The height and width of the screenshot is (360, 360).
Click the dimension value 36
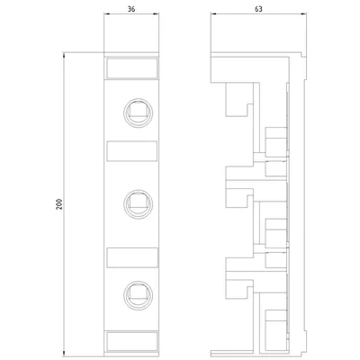click(x=131, y=9)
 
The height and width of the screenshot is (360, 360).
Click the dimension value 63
click(x=258, y=9)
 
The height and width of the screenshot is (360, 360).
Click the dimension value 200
click(x=59, y=204)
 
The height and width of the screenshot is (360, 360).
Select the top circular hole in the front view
click(x=139, y=112)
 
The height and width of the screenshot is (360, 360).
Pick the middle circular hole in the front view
click(x=139, y=204)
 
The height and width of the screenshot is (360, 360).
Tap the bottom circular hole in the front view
click(x=139, y=295)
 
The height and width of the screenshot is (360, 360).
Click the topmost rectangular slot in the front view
click(x=132, y=68)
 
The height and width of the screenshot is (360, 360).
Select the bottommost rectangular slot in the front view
click(x=132, y=341)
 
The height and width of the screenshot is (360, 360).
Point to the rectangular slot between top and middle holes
click(x=132, y=150)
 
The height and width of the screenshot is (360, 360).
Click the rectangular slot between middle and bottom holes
click(x=132, y=257)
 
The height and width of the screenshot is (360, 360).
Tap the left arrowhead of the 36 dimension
click(x=106, y=13)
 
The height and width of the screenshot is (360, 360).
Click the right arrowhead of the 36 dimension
click(x=156, y=13)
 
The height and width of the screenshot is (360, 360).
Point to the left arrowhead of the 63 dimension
click(x=213, y=13)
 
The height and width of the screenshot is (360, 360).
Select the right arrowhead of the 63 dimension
click(x=304, y=13)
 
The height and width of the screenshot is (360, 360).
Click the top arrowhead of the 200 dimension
click(x=64, y=55)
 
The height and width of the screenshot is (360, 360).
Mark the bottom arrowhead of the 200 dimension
click(x=64, y=355)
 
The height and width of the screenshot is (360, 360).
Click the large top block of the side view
click(x=250, y=69)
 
